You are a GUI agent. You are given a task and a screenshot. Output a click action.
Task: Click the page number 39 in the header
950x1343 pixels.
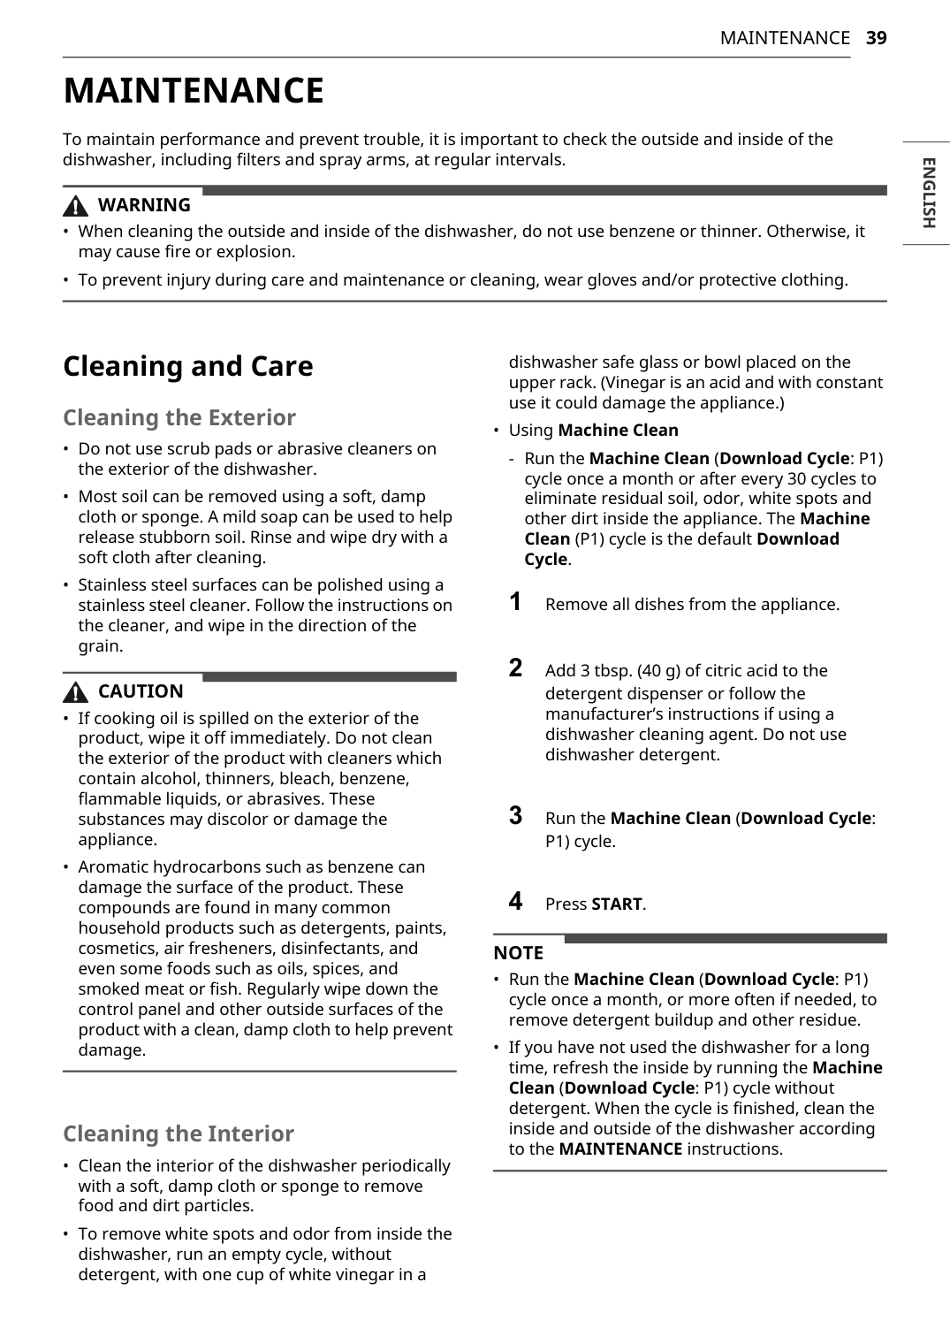click(x=876, y=38)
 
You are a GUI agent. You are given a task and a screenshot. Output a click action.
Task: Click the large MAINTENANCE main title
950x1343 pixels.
click(x=194, y=91)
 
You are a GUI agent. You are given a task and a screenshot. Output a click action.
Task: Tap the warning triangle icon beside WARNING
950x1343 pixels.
click(x=76, y=206)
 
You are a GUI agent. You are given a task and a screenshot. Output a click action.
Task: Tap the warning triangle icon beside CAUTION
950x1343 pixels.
click(x=76, y=692)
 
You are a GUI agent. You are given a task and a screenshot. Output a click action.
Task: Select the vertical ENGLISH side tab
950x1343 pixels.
click(x=928, y=193)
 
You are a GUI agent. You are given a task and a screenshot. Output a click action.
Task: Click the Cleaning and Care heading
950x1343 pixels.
click(x=187, y=366)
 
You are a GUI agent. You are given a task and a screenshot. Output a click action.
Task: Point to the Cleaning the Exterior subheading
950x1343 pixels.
click(x=179, y=417)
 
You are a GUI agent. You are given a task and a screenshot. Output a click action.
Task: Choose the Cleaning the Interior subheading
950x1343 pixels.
click(x=178, y=1133)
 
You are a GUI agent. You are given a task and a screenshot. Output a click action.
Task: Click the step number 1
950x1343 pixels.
click(x=515, y=602)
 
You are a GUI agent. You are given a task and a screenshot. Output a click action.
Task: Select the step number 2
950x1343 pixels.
click(x=515, y=668)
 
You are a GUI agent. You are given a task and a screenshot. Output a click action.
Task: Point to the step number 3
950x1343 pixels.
click(x=515, y=815)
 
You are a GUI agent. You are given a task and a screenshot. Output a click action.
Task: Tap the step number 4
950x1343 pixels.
click(x=515, y=901)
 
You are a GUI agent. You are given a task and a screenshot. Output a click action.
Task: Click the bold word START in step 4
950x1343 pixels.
click(x=617, y=904)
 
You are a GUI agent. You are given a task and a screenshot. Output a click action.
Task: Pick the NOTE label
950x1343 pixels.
click(x=518, y=953)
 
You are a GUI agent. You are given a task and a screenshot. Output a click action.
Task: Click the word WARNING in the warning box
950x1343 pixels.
click(x=144, y=205)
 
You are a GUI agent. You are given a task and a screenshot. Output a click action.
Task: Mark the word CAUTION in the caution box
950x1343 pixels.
click(x=141, y=691)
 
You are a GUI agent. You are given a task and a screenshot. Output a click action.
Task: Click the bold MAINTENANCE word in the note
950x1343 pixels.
click(x=620, y=1149)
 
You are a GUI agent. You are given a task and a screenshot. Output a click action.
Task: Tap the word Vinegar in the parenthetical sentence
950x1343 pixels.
click(x=635, y=383)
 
